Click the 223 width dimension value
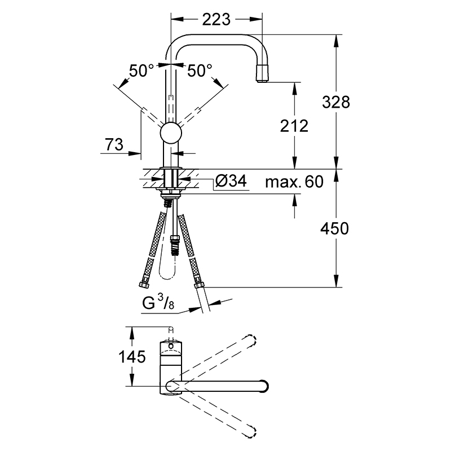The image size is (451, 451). [x=216, y=20]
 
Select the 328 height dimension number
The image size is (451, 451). [x=335, y=102]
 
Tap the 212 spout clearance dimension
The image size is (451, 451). [x=294, y=126]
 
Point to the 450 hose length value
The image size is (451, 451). [x=334, y=229]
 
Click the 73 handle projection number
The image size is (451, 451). [x=114, y=144]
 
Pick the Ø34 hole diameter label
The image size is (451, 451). [x=231, y=181]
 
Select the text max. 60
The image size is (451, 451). [x=294, y=182]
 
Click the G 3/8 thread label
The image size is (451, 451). [x=158, y=303]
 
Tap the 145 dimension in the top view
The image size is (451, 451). [x=132, y=357]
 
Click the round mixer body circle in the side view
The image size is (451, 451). [x=171, y=133]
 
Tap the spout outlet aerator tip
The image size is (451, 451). [x=263, y=74]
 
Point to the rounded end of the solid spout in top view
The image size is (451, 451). [x=264, y=386]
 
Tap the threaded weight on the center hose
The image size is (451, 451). [x=175, y=246]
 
